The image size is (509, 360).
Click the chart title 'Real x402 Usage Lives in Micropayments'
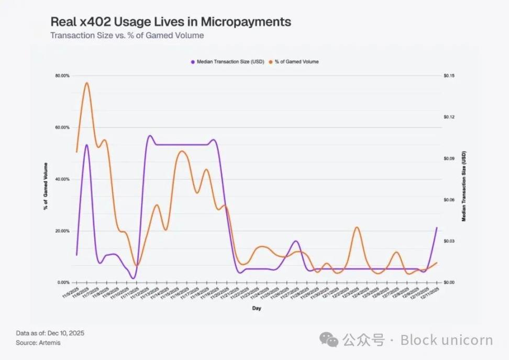(171, 22)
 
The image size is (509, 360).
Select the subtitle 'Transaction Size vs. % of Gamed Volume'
(127, 36)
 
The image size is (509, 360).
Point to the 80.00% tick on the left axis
(62, 76)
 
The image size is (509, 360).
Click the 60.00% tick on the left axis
(62, 127)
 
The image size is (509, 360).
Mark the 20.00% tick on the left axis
(62, 231)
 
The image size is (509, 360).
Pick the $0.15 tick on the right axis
(449, 76)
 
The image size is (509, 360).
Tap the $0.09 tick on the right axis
(449, 158)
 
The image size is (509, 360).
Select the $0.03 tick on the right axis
(449, 241)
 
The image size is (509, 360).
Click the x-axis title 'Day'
(257, 308)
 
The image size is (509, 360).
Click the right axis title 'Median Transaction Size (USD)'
(463, 187)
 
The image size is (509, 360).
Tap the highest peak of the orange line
(87, 82)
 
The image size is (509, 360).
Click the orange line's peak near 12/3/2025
(357, 227)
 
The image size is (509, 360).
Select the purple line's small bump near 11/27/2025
(296, 241)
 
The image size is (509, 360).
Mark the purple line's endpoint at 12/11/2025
(437, 227)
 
